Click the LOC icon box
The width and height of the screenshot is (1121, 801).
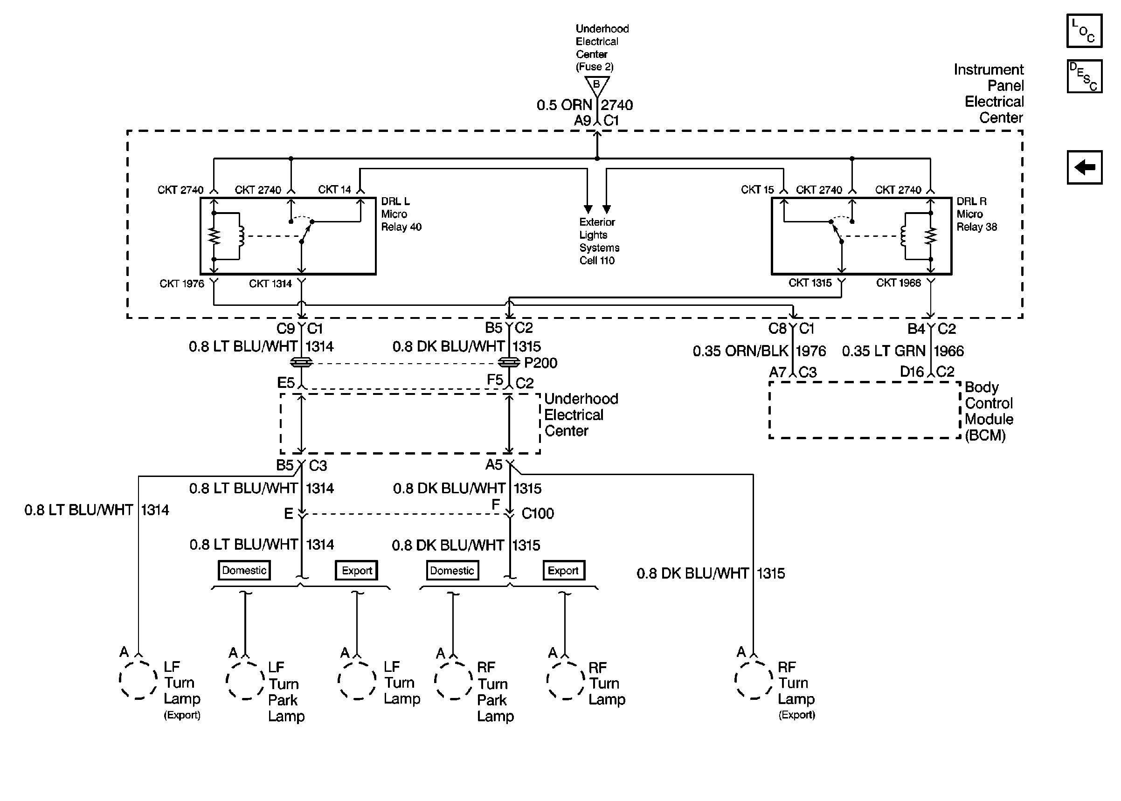click(x=1084, y=31)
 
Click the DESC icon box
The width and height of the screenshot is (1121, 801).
click(x=1084, y=76)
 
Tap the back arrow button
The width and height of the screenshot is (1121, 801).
click(x=1084, y=167)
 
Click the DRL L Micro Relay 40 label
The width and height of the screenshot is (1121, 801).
click(x=401, y=214)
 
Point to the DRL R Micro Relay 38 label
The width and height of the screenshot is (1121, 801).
click(x=976, y=214)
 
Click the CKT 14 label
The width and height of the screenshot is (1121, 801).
click(x=334, y=189)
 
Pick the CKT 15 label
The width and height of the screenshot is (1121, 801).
click(x=758, y=190)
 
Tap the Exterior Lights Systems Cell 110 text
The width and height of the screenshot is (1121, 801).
click(x=599, y=241)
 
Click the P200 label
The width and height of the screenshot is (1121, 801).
click(x=540, y=363)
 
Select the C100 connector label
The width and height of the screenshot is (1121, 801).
click(x=538, y=513)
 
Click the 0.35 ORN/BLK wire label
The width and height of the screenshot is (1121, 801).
click(x=740, y=351)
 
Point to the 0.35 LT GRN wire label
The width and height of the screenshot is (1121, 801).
click(x=883, y=351)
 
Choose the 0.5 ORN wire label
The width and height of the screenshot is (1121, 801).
click(x=564, y=105)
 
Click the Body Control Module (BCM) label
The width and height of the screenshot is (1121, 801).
click(x=989, y=411)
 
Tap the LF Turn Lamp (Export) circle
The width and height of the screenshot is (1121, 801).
click(x=138, y=681)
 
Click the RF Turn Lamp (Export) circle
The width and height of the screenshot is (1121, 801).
click(x=754, y=681)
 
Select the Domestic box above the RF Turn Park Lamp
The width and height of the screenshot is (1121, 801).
click(x=452, y=571)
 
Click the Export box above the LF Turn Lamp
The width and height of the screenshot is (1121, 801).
click(x=357, y=571)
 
